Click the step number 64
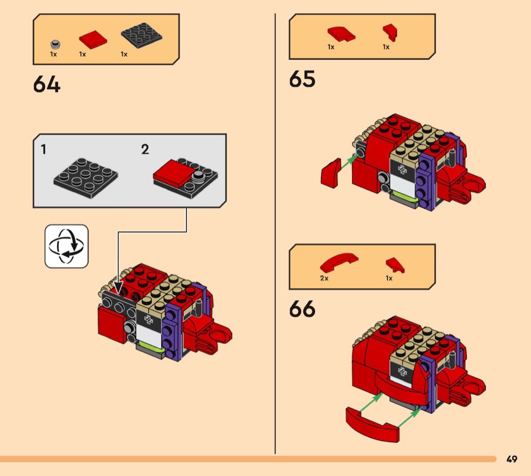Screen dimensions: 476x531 coord(47,84)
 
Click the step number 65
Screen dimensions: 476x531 coord(302,79)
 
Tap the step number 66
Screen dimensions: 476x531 coord(302,309)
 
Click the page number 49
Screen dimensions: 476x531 coord(511,459)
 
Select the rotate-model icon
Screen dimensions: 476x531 coord(66,246)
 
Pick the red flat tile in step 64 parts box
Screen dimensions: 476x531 coord(93,40)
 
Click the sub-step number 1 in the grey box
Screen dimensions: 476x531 coord(44,149)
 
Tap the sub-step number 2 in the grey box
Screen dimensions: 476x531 coord(145,149)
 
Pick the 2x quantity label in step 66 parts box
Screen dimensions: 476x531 coord(324,278)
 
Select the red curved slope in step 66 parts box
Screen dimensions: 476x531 coord(338,261)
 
